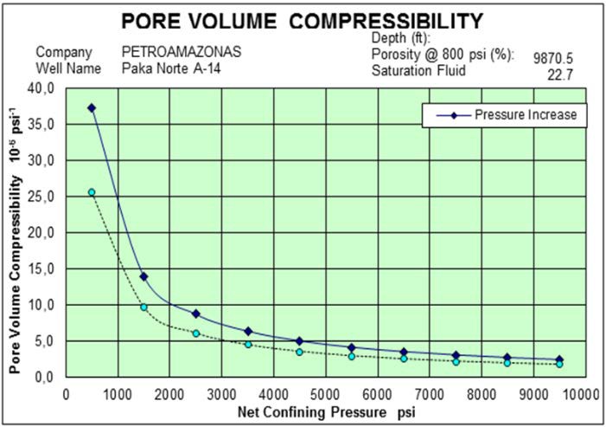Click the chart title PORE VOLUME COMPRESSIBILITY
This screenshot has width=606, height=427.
pos(301,20)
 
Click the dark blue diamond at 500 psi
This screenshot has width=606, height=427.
pos(92,108)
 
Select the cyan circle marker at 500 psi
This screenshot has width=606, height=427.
pos(92,192)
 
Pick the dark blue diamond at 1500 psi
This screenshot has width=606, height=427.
pos(144,276)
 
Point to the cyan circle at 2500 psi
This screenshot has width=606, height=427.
pos(196,333)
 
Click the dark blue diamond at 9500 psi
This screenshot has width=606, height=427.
pos(559,359)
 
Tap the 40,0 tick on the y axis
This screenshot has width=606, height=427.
pos(41,88)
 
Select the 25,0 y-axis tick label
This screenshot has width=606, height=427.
pos(41,197)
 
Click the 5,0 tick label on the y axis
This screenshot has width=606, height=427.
pos(44,341)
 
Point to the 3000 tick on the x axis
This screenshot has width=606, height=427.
pos(221,391)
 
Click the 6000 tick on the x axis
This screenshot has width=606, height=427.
pos(378,391)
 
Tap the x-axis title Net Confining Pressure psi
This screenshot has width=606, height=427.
pos(326,411)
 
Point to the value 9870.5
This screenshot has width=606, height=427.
pos(553,59)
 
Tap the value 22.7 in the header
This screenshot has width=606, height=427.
pos(561,75)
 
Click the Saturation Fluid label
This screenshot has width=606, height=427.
pos(418,70)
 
